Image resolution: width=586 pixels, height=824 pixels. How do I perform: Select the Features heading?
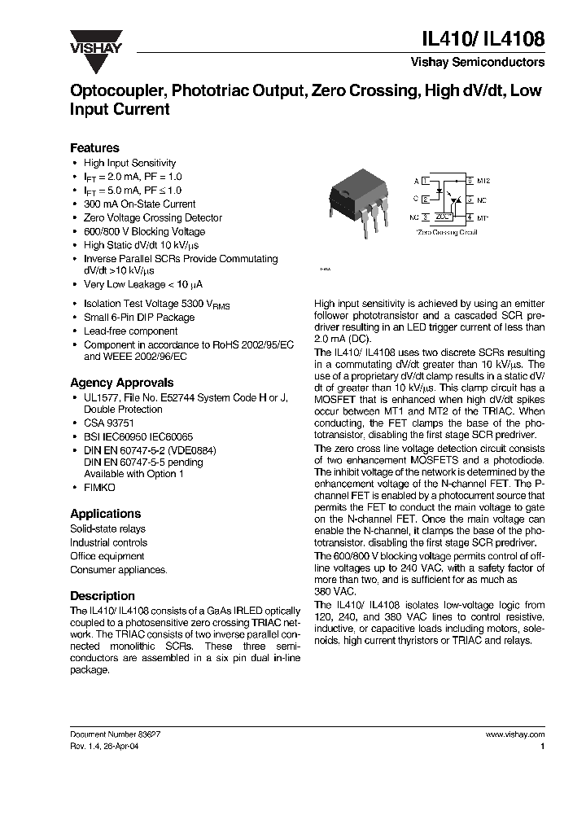[x=94, y=148]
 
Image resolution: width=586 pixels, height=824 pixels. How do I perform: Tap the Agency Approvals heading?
[x=121, y=383]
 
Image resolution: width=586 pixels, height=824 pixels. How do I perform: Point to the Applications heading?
[x=105, y=514]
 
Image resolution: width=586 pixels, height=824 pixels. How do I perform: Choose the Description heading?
[x=102, y=596]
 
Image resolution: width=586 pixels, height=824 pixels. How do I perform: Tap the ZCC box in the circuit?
[x=444, y=218]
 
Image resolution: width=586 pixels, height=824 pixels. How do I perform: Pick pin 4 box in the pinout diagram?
[x=470, y=218]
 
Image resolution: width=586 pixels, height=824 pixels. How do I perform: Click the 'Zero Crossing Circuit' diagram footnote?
[x=446, y=232]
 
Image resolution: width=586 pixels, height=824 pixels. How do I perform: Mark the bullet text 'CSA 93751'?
[x=109, y=423]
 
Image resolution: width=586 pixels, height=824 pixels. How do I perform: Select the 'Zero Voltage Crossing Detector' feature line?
[x=152, y=218]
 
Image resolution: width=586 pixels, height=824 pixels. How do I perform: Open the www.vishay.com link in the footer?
[x=514, y=734]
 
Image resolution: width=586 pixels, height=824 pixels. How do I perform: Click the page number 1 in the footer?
[x=542, y=746]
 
